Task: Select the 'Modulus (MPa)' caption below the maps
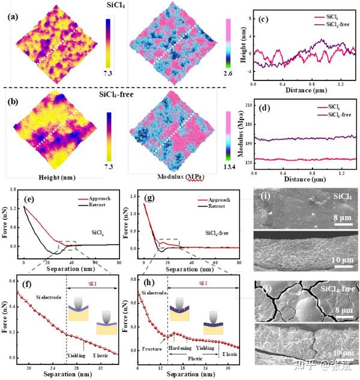pyautogui.click(x=170, y=178)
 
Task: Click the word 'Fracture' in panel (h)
pyautogui.click(x=155, y=349)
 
